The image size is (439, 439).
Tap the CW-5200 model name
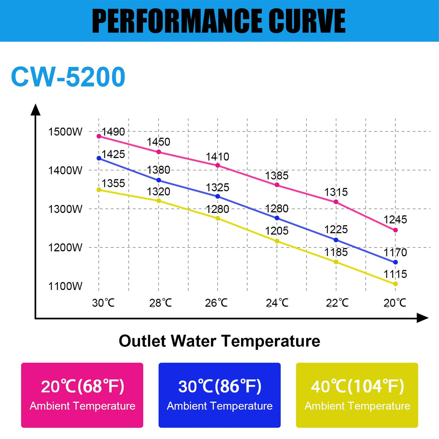tap(68, 77)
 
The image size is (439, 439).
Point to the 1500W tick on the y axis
tap(65, 132)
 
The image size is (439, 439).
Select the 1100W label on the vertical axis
tap(65, 286)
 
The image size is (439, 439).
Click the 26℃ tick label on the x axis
tap(216, 303)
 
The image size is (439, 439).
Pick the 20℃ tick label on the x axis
tap(395, 303)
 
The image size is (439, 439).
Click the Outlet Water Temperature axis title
tap(219, 341)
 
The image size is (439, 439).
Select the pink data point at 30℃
tap(99, 136)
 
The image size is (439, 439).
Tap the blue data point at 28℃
tap(159, 180)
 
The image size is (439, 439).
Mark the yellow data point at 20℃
tap(395, 284)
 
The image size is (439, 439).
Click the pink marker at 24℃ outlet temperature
tap(277, 185)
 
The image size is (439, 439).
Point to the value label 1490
tap(113, 132)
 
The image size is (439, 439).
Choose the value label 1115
tap(395, 274)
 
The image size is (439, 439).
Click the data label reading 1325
tap(217, 187)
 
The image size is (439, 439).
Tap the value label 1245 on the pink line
tap(395, 219)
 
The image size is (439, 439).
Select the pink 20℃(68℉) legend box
tap(82, 395)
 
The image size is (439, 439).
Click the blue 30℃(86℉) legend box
tap(219, 395)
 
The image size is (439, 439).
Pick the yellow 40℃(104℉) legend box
tap(357, 395)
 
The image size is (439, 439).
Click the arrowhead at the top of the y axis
tap(35, 110)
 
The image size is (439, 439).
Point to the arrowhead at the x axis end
tap(422, 318)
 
